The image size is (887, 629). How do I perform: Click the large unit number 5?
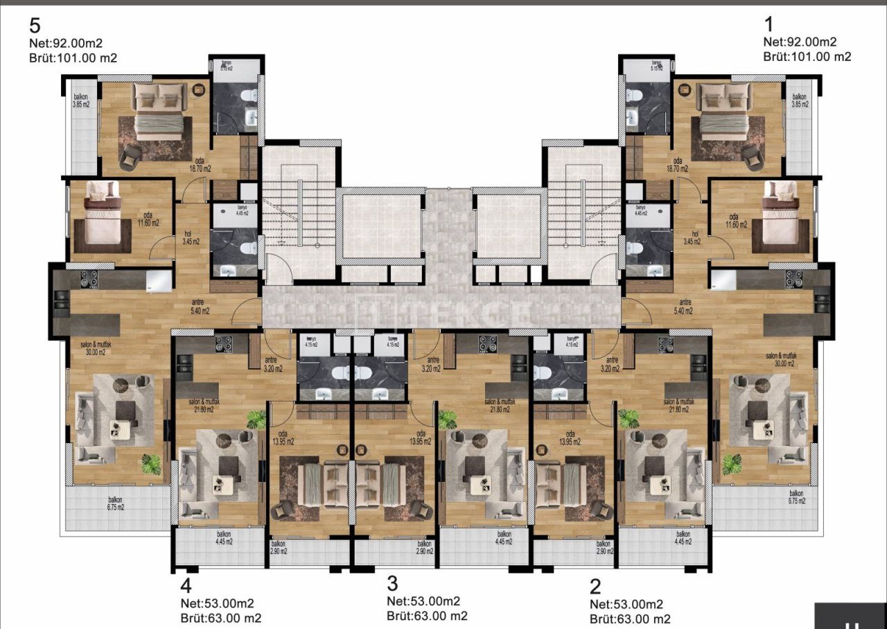pyautogui.click(x=35, y=26)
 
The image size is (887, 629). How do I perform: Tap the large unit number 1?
pyautogui.click(x=769, y=26)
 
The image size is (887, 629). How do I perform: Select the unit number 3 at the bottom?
pyautogui.click(x=393, y=583)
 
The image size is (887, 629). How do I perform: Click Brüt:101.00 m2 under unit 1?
pyautogui.click(x=807, y=57)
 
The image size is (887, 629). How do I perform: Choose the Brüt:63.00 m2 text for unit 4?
pyautogui.click(x=221, y=618)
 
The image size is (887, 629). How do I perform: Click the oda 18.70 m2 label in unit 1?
pyautogui.click(x=678, y=164)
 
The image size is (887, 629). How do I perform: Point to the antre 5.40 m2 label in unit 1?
pyautogui.click(x=685, y=307)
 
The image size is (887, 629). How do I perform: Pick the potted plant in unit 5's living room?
pyautogui.click(x=150, y=463)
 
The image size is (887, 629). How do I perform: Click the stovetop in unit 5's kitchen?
pyautogui.click(x=89, y=279)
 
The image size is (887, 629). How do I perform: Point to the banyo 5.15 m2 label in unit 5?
pyautogui.click(x=226, y=66)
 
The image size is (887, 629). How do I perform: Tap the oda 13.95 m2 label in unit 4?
pyautogui.click(x=281, y=438)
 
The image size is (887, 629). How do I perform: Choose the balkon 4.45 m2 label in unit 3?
pyautogui.click(x=503, y=538)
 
